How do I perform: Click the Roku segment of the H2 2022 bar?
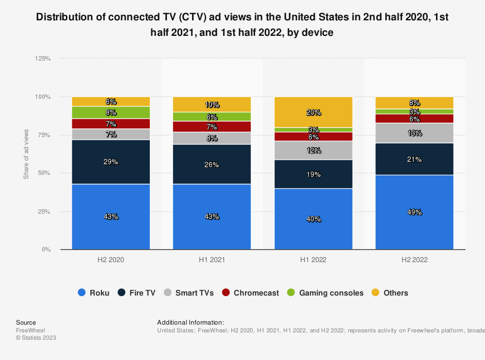pos(415,212)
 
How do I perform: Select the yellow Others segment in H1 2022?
pos(313,112)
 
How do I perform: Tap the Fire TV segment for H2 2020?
pos(111,162)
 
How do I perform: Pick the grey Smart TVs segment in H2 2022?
pos(415,133)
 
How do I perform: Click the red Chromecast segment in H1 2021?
pos(212,126)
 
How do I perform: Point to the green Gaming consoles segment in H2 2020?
pos(111,112)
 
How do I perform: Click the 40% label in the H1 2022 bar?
pos(313,219)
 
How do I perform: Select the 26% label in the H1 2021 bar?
pos(212,165)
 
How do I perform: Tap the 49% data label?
pos(415,212)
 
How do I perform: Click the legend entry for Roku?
pos(94,293)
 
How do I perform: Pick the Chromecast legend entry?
pos(250,293)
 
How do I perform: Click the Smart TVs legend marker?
pos(167,293)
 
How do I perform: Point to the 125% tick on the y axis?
pos(43,59)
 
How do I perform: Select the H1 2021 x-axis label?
pos(212,260)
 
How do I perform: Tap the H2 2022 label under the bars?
pos(415,260)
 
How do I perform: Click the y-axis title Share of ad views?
pos(26,154)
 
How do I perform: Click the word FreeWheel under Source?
pos(30,330)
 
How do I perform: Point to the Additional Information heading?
pos(191,323)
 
